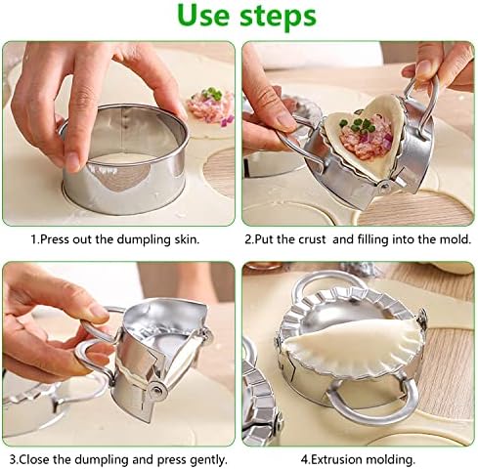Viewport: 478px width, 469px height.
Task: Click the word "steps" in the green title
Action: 278,17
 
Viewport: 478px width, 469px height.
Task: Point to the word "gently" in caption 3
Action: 209,460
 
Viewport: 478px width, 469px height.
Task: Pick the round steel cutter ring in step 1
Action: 124,159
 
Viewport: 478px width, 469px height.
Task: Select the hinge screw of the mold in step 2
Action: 385,187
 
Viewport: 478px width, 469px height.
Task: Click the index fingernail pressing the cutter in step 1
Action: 74,162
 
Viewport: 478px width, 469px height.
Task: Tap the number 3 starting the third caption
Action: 13,460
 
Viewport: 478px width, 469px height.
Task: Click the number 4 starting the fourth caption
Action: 304,460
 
